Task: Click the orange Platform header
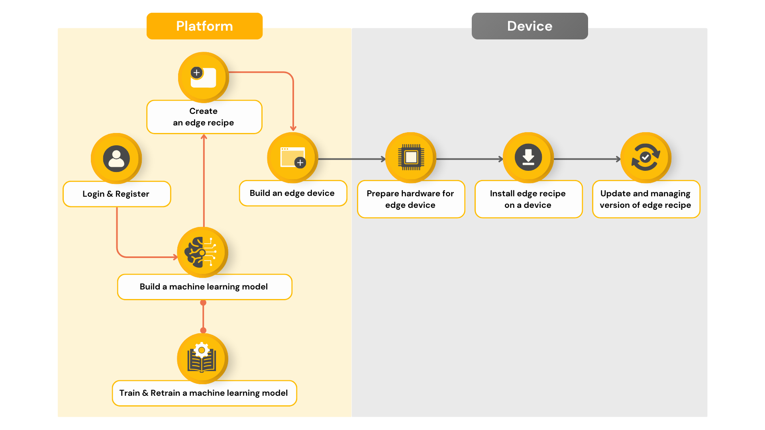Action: [x=204, y=26]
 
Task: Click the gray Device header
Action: [x=530, y=26]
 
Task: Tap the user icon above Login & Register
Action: [x=116, y=158]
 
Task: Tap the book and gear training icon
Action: [x=202, y=359]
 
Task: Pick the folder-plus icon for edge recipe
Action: [x=203, y=77]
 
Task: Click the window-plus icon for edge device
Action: [x=292, y=158]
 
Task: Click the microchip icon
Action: [x=411, y=158]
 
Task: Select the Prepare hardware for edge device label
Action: [x=411, y=199]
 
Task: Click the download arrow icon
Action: [x=528, y=158]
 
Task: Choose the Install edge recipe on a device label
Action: [x=528, y=199]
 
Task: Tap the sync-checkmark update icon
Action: [x=646, y=158]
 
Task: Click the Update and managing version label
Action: [x=646, y=199]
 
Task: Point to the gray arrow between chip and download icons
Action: [x=470, y=159]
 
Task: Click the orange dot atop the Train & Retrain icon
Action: [x=203, y=330]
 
